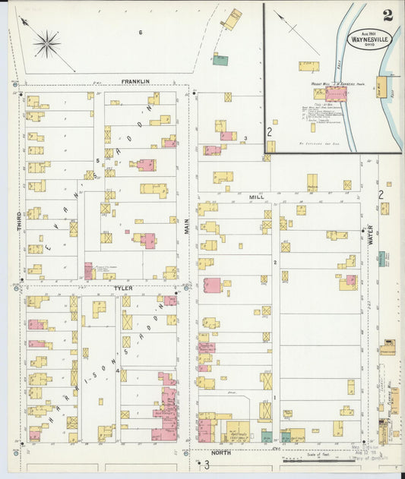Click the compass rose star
46,43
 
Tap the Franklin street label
134,81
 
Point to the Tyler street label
123,288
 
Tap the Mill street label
256,197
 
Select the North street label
221,452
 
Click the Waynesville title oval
365,37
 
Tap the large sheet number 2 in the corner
388,14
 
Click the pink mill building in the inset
336,93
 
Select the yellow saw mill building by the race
381,87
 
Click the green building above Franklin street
220,59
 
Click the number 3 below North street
205,465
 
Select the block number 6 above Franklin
141,32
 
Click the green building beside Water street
380,259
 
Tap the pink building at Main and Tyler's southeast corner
212,285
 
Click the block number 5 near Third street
97,161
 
